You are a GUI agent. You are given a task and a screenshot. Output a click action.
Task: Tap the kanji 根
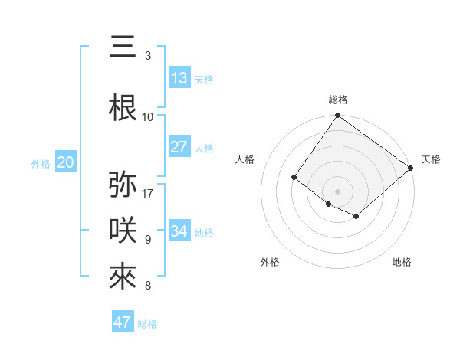[123, 108]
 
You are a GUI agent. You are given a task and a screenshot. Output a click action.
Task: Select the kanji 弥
[123, 185]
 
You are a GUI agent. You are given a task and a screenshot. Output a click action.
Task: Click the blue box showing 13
[179, 78]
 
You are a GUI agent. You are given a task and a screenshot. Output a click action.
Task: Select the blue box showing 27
[179, 147]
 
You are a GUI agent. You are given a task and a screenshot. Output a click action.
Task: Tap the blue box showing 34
[179, 231]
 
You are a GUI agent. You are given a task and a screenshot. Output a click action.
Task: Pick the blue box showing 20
[66, 162]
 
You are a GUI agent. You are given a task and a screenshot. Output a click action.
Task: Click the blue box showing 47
[123, 322]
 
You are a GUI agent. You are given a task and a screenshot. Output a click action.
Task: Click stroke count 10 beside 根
[148, 116]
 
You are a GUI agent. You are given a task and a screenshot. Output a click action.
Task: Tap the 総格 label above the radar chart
[337, 100]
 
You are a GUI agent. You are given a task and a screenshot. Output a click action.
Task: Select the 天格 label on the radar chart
[431, 159]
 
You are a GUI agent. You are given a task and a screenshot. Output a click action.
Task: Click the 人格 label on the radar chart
[245, 159]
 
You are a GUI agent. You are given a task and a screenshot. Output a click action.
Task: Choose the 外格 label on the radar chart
[270, 262]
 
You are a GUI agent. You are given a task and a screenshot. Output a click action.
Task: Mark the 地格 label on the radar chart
[402, 262]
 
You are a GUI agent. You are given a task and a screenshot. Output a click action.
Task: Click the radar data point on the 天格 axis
[411, 168]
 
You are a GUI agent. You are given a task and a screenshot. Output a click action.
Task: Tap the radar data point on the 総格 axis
[337, 116]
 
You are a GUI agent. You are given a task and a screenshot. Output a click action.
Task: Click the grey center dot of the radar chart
[337, 191]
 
